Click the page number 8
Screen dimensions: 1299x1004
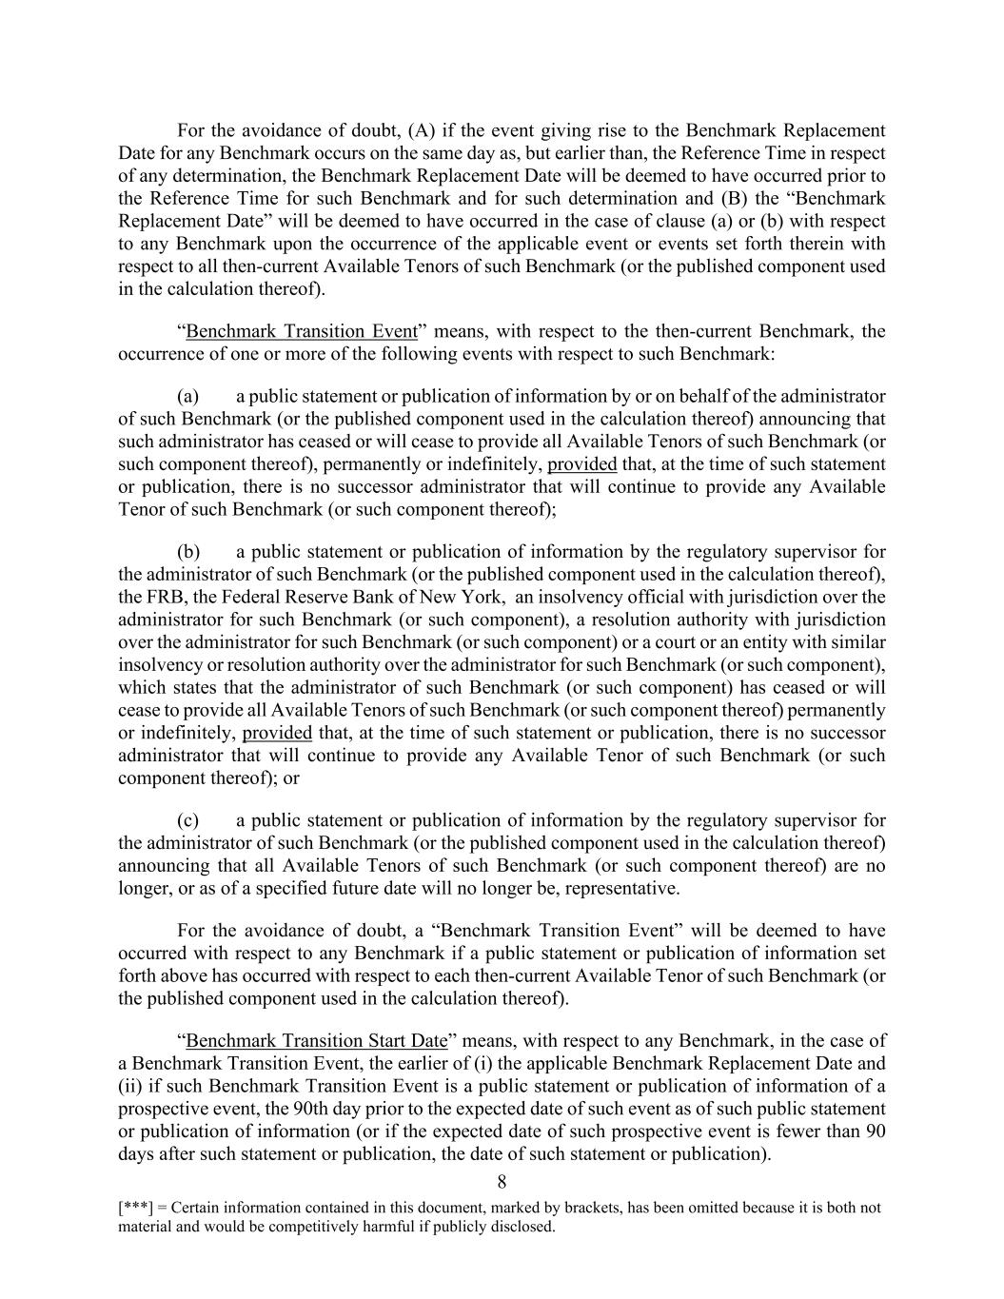(502, 1182)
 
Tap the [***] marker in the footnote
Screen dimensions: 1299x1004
(133, 1209)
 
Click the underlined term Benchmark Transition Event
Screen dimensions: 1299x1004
(302, 332)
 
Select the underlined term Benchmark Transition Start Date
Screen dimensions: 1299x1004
(316, 1041)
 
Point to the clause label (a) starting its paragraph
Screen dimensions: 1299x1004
(187, 397)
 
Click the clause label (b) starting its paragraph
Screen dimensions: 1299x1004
(187, 553)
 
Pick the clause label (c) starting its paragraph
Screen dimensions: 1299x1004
(187, 821)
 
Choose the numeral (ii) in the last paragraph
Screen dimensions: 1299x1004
(128, 1087)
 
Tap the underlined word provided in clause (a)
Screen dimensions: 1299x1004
(582, 464)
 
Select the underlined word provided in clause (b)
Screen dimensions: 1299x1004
(277, 733)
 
